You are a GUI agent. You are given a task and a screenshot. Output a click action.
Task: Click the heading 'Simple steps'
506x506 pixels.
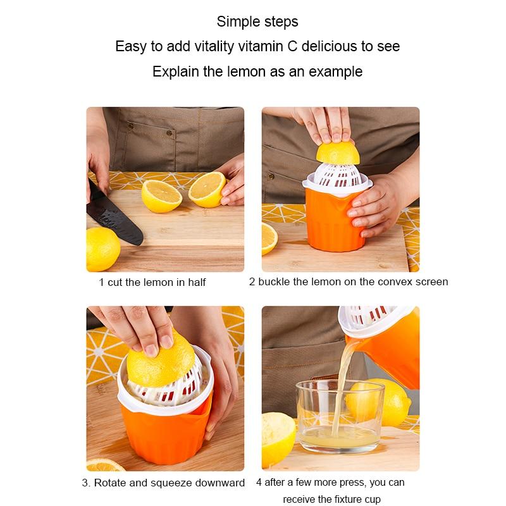(257, 22)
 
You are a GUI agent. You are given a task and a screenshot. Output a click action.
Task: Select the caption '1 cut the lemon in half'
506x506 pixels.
(152, 282)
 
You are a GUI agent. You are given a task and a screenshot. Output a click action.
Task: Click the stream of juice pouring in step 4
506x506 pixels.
(345, 373)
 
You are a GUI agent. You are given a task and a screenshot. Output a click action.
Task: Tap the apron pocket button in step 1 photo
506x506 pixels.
(169, 134)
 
